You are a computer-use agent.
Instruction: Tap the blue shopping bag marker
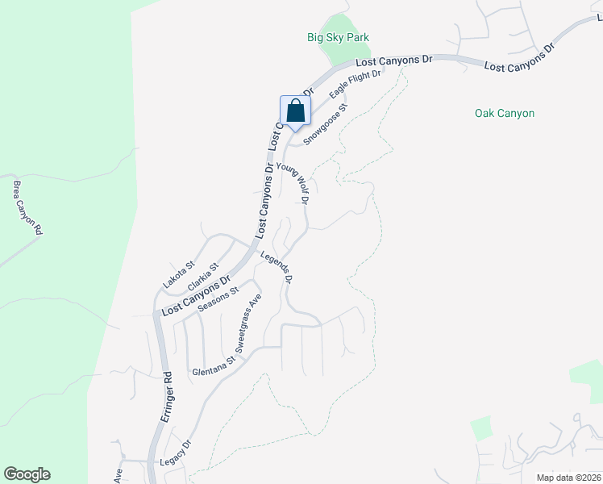click(x=295, y=112)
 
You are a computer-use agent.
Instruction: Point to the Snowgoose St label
click(x=326, y=124)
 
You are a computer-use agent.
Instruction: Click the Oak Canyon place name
click(x=505, y=114)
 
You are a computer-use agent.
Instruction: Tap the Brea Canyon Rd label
click(x=27, y=207)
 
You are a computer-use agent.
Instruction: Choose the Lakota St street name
click(x=180, y=274)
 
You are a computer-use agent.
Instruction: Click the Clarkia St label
click(x=203, y=277)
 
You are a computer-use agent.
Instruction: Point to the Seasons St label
click(x=218, y=302)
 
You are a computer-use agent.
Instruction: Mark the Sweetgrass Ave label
click(x=249, y=323)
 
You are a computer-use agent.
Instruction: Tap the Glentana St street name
click(x=213, y=370)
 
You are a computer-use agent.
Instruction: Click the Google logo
click(x=27, y=474)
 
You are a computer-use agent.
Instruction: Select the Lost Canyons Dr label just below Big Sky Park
click(x=395, y=60)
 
